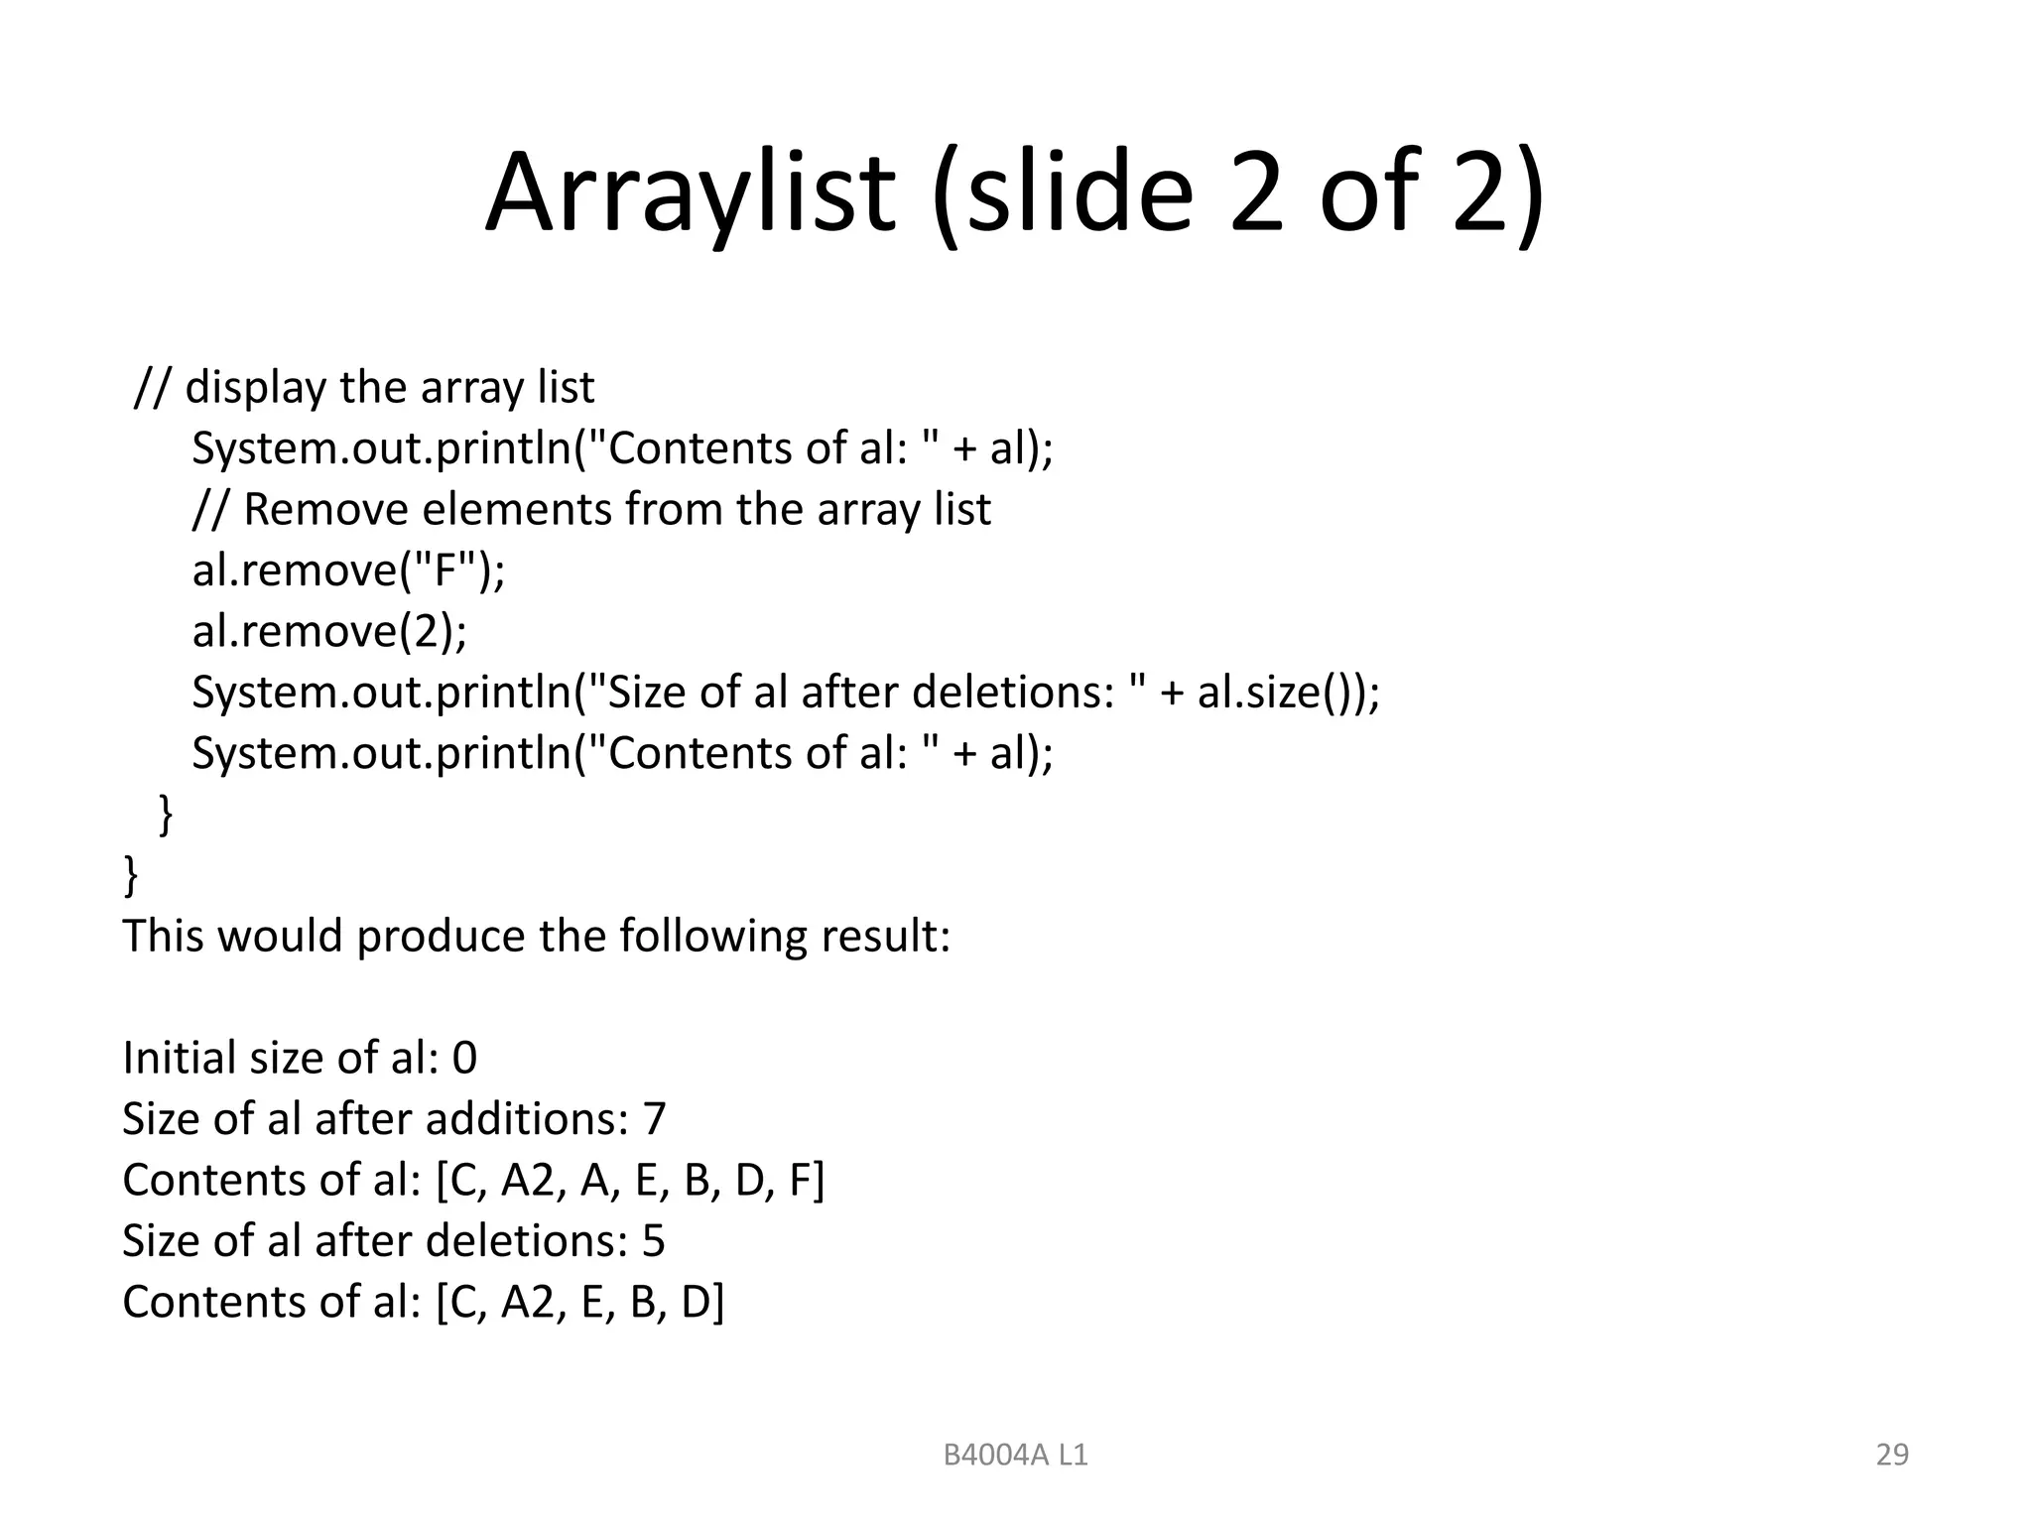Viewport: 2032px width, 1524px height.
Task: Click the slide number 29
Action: click(x=1891, y=1455)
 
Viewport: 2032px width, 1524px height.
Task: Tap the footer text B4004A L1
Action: click(x=1015, y=1455)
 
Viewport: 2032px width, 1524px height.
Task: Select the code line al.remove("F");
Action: click(x=348, y=570)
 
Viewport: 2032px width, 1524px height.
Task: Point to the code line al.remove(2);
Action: click(x=329, y=631)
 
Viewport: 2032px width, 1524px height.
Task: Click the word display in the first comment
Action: click(x=254, y=387)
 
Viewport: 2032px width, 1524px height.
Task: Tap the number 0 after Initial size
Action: click(x=464, y=1058)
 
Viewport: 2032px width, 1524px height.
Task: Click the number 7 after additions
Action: click(x=654, y=1119)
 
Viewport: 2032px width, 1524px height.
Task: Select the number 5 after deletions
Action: click(x=653, y=1241)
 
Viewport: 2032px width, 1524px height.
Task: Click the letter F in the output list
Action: click(x=801, y=1180)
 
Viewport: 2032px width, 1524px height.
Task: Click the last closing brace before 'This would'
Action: click(x=130, y=875)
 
